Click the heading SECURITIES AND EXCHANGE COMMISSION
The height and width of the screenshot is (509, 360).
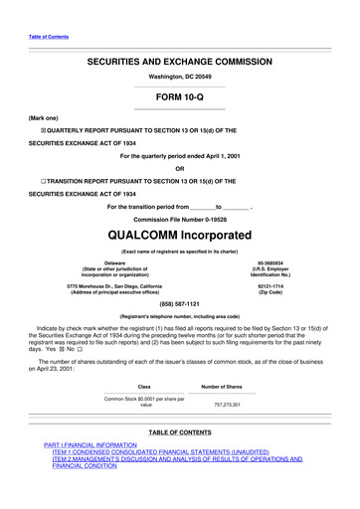(x=179, y=61)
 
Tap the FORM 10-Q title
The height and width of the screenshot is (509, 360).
(x=180, y=96)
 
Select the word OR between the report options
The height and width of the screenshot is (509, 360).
(x=180, y=168)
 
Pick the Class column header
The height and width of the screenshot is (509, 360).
(x=145, y=385)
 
